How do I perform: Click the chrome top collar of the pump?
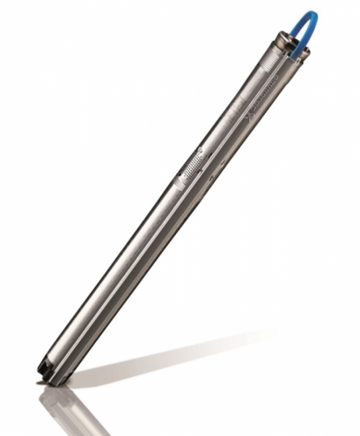(x=284, y=45)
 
